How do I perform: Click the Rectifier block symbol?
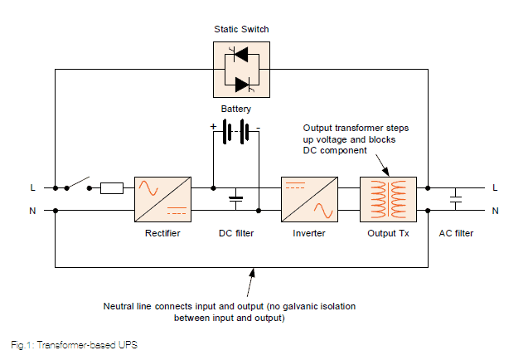point(162,199)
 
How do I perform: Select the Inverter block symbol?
point(309,199)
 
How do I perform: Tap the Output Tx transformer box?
point(388,199)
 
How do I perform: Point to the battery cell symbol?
point(235,132)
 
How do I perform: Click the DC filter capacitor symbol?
point(235,199)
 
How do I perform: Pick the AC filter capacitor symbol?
point(455,199)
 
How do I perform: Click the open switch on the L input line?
point(79,185)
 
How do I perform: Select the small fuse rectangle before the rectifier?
point(112,188)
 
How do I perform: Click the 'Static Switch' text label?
point(240,30)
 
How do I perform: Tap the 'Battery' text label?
point(235,109)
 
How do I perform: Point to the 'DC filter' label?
point(236,234)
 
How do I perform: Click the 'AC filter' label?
point(456,234)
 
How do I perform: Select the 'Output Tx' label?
point(388,234)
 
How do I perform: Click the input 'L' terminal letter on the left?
point(33,188)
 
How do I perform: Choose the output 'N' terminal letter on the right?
point(495,211)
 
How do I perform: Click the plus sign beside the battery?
point(213,127)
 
